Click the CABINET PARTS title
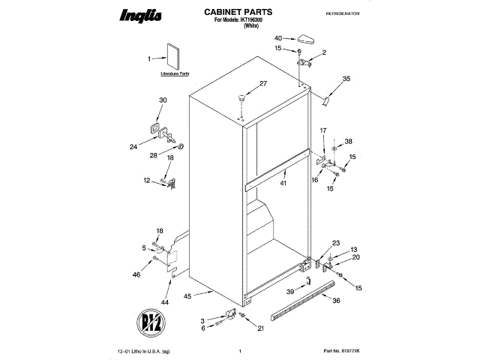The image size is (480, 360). (238, 13)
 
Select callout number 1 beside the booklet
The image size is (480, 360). (149, 58)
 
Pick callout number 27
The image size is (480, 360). (263, 83)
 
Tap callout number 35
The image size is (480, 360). (346, 79)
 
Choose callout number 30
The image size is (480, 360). (163, 100)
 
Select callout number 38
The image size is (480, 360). (348, 141)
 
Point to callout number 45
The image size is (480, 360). (188, 296)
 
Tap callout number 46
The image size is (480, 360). (136, 275)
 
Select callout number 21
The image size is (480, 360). (260, 328)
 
